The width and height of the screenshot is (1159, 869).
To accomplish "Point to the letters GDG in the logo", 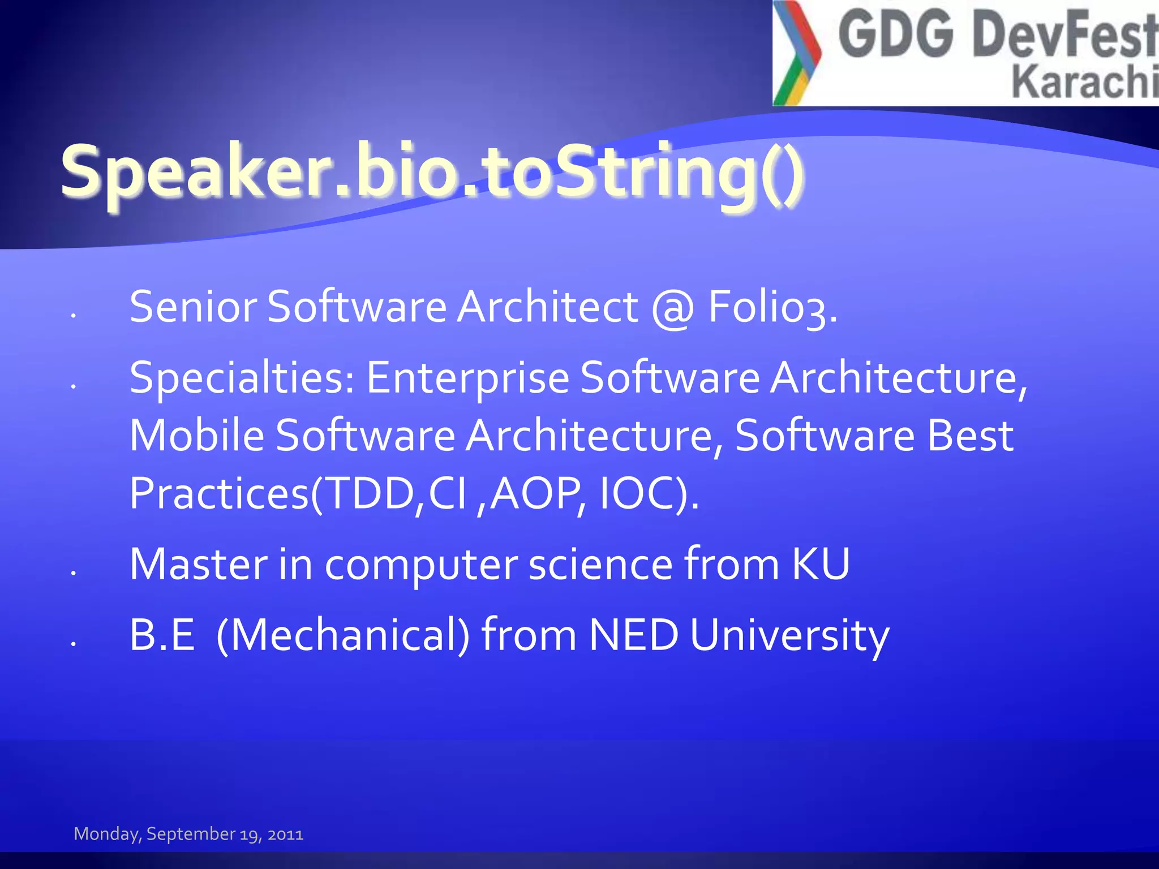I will pos(896,35).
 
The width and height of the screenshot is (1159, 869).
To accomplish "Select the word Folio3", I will pos(772,307).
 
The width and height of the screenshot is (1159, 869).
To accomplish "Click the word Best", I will pos(970,436).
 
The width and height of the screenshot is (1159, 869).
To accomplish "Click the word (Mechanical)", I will pos(343,636).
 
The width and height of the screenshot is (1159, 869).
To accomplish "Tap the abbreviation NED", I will pos(633,635).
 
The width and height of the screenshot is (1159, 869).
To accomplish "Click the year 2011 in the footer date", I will pos(285,834).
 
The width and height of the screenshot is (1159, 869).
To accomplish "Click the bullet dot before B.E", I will pos(74,643).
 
